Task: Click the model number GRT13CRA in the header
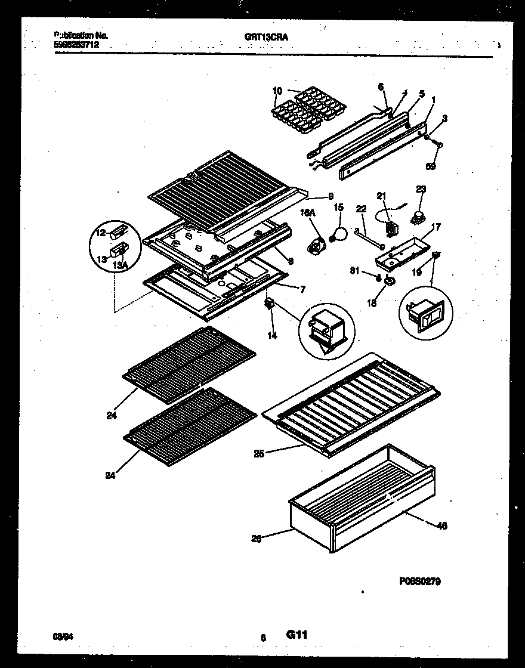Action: click(x=261, y=36)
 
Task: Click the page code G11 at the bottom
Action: click(x=297, y=635)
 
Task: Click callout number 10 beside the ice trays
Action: click(x=277, y=91)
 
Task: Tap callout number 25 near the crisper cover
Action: click(x=260, y=454)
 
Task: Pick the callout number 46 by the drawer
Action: click(x=441, y=525)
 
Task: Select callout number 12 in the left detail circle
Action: click(x=100, y=232)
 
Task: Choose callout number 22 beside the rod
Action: click(x=360, y=208)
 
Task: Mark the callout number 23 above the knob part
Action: click(x=421, y=190)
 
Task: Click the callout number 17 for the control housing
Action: click(x=437, y=227)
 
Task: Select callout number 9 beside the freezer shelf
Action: click(x=330, y=196)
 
